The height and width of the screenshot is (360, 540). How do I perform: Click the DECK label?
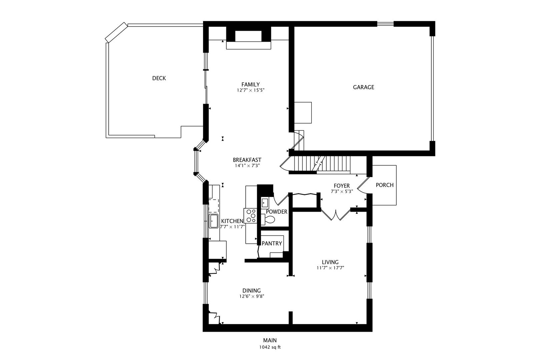point(159,78)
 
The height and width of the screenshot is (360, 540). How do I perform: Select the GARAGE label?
point(363,87)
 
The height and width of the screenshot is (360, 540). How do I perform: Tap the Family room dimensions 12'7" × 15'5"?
point(251,90)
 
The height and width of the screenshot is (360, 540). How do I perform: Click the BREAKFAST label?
point(247,160)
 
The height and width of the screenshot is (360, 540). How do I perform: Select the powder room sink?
point(265,202)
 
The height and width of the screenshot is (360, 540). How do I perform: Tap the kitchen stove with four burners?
point(251,216)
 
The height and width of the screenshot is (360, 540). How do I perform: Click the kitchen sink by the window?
point(213,221)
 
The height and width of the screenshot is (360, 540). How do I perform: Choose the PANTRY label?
point(272,244)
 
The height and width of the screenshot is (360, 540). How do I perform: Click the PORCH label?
point(385,185)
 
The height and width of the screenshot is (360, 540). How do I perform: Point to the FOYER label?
point(342,186)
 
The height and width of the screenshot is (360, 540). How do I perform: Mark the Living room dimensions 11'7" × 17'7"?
point(330,268)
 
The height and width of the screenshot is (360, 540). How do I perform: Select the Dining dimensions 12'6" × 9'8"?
point(251,296)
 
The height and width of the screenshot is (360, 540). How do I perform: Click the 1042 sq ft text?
point(270,347)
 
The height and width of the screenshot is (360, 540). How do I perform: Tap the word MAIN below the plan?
point(270,340)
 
